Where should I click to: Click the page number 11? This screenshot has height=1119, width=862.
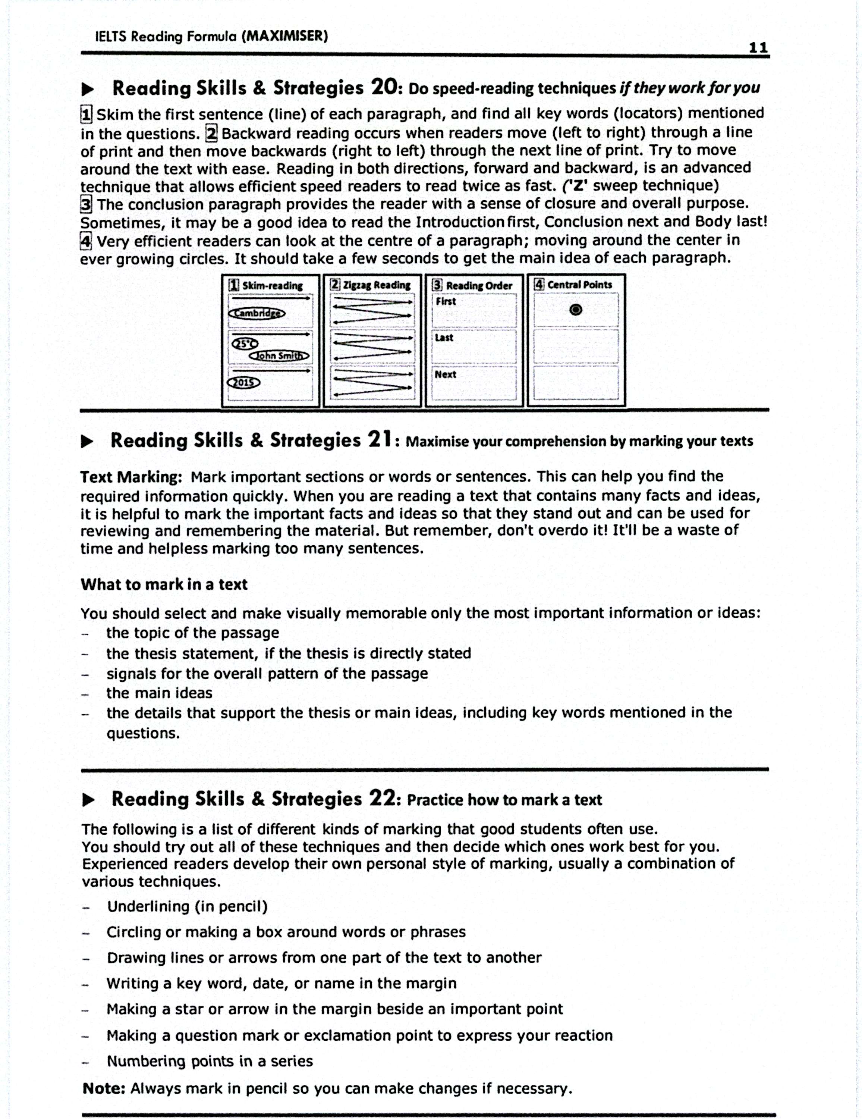(758, 48)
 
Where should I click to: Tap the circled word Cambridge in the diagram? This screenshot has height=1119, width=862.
(257, 313)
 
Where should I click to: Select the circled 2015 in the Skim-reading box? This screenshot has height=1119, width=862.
(243, 382)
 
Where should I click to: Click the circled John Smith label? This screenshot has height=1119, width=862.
(279, 355)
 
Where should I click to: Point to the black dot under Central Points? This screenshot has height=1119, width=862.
(576, 310)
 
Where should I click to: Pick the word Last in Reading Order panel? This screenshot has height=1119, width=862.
(444, 338)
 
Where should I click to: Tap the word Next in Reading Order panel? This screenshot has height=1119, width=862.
(445, 374)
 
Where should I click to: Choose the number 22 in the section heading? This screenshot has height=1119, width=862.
(383, 798)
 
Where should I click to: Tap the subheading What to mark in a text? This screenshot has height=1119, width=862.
(164, 584)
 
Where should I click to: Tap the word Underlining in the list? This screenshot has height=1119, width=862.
(148, 906)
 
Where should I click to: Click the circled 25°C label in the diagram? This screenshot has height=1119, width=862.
(245, 343)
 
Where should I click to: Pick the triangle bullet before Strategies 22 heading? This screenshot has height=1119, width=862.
(88, 800)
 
